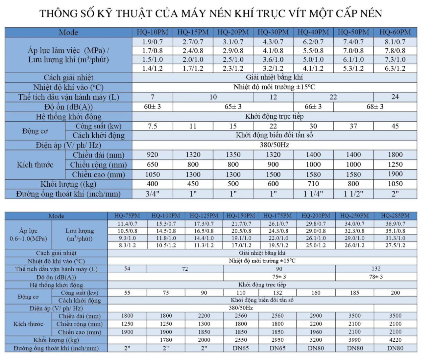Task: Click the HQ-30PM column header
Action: (x=273, y=32)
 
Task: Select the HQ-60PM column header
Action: (x=395, y=32)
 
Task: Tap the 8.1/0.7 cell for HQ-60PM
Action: (x=395, y=42)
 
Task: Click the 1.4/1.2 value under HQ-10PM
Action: (x=153, y=68)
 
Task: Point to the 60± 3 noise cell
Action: (x=153, y=107)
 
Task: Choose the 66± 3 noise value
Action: (x=313, y=107)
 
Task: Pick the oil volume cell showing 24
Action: (x=395, y=97)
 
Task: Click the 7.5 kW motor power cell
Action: (x=153, y=126)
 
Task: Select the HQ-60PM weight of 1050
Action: (x=395, y=184)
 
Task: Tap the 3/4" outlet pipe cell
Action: (x=153, y=194)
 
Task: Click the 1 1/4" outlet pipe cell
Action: (x=313, y=194)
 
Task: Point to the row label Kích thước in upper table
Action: (x=35, y=165)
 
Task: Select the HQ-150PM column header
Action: (x=241, y=216)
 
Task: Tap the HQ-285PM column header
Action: (x=395, y=216)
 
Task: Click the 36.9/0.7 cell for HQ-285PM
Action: (x=395, y=224)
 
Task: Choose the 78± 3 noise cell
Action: (x=376, y=277)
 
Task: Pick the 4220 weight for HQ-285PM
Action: (x=395, y=340)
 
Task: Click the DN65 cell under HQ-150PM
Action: (x=241, y=348)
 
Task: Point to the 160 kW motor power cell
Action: (x=316, y=293)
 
